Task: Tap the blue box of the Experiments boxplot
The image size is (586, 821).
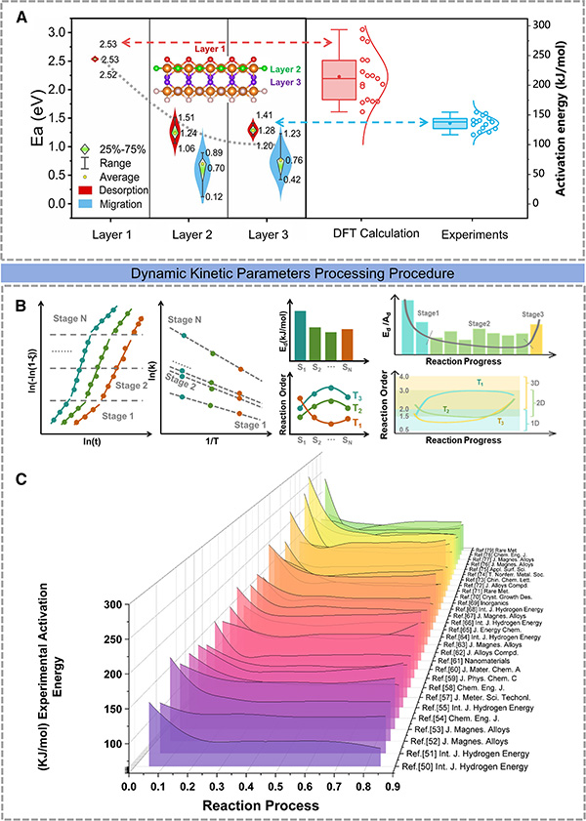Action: pos(449,124)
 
